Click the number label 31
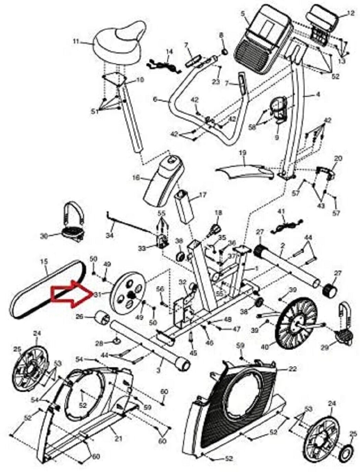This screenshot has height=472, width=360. click(97, 294)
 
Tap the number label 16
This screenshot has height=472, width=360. click(136, 178)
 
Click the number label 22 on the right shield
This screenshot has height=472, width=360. click(292, 369)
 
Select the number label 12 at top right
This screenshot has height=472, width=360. click(349, 14)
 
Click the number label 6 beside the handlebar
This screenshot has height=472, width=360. click(155, 99)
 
